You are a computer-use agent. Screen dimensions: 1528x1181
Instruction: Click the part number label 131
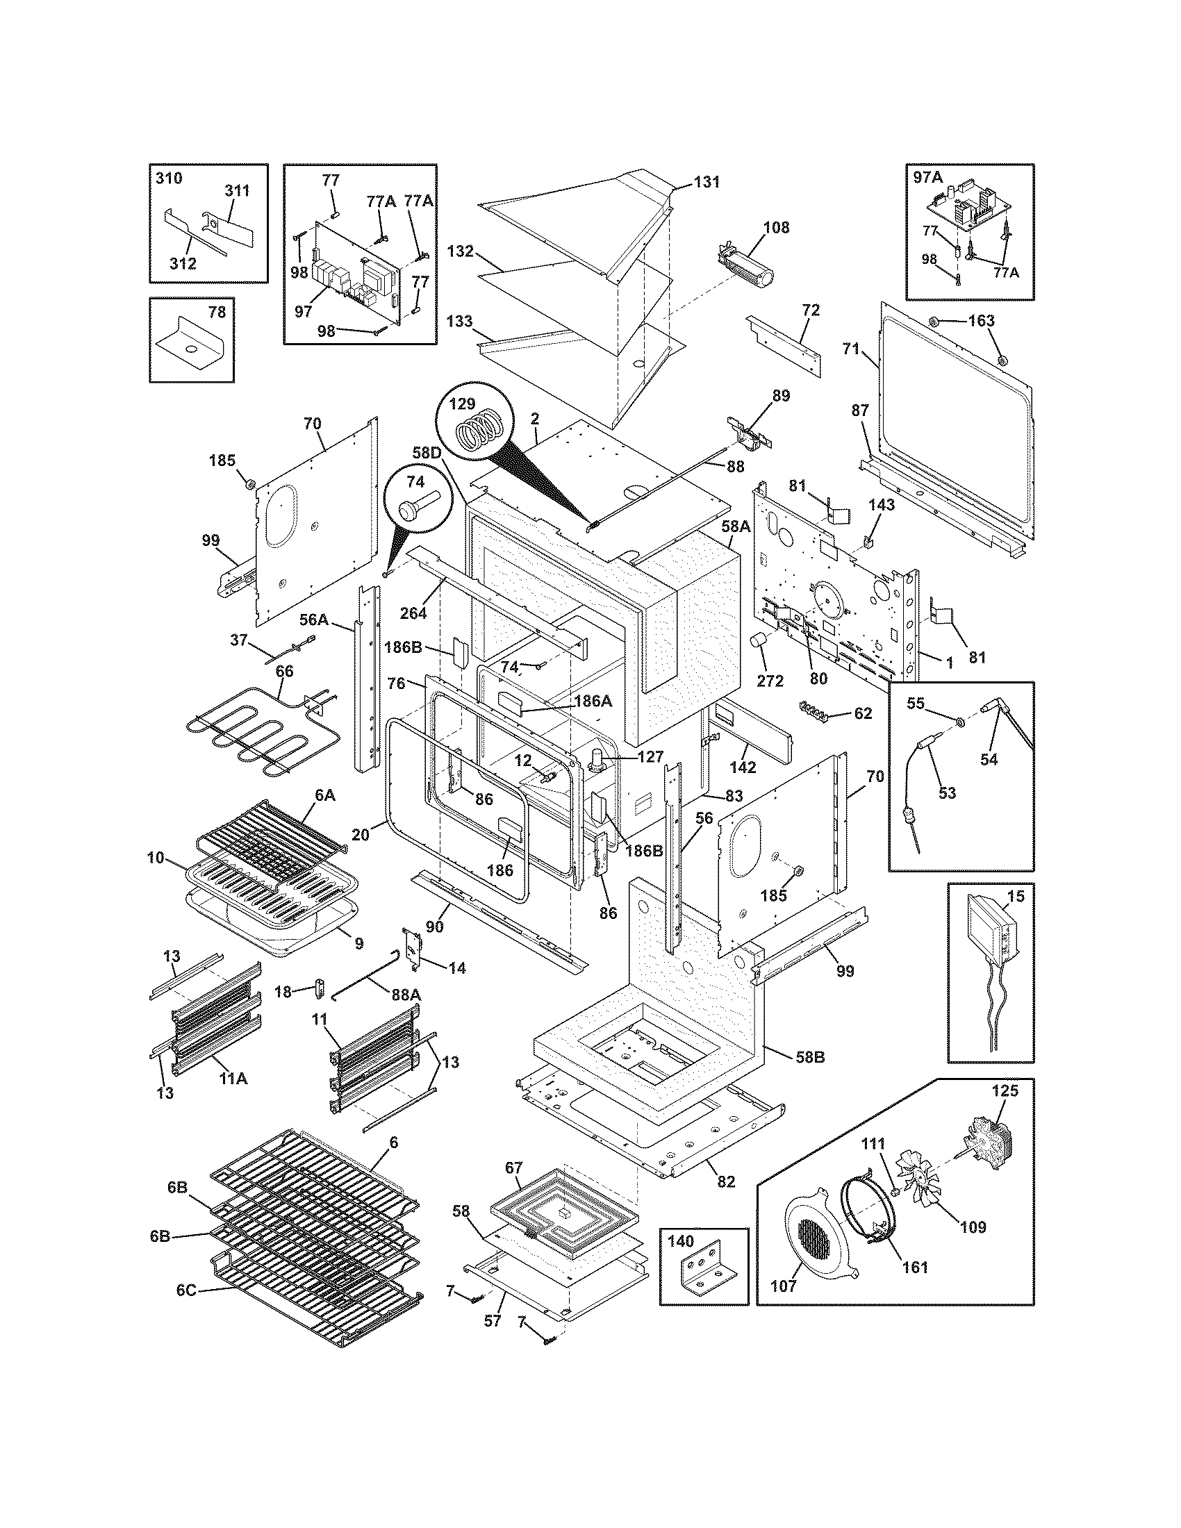(707, 182)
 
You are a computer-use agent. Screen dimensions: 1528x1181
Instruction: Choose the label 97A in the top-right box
(928, 178)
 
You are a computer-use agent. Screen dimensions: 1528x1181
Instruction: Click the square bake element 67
(564, 1215)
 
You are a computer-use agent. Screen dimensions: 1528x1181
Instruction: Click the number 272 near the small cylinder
(770, 680)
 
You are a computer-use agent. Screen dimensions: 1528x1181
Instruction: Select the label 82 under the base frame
(726, 1181)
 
